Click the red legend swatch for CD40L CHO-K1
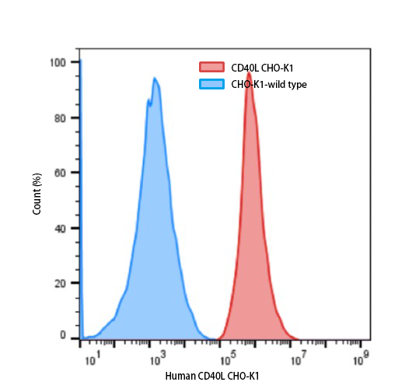pos(212,68)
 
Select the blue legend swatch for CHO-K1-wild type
pos(212,84)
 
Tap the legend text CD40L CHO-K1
pos(263,68)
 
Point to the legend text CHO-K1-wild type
pos(269,84)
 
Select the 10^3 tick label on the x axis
pos(157,360)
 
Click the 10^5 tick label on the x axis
pos(228,360)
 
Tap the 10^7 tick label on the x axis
pos(297,360)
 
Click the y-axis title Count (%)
pos(37,195)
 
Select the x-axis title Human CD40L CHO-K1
pos(212,377)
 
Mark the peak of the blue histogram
pos(155,78)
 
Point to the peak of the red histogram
pos(249,74)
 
